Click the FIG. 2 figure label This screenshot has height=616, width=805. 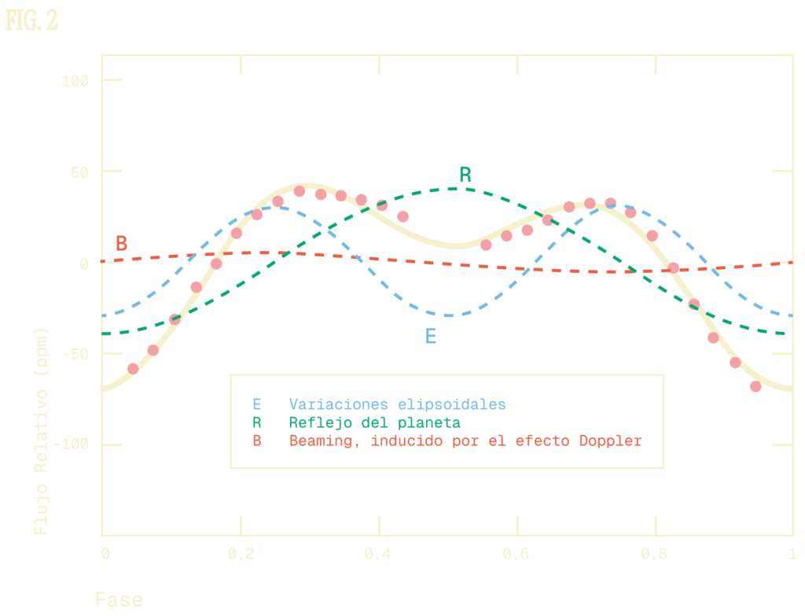(31, 20)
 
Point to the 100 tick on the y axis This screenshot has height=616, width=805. (78, 80)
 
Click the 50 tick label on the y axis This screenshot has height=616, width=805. (81, 172)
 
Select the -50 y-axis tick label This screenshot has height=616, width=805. (78, 354)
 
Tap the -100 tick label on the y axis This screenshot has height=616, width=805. (75, 445)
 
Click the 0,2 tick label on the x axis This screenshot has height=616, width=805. (241, 554)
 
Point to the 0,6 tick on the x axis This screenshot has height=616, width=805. (516, 554)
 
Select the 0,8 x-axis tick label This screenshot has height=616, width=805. (655, 554)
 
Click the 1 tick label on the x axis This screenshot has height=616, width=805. (790, 554)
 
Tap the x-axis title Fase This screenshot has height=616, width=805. (119, 600)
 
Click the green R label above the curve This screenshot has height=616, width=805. (465, 175)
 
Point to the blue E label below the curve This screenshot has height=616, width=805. (430, 337)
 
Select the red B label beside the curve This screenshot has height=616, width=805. (121, 243)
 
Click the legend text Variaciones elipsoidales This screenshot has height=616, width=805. (397, 404)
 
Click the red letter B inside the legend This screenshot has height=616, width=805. (256, 441)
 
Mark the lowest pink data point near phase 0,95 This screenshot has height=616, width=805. (755, 386)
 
